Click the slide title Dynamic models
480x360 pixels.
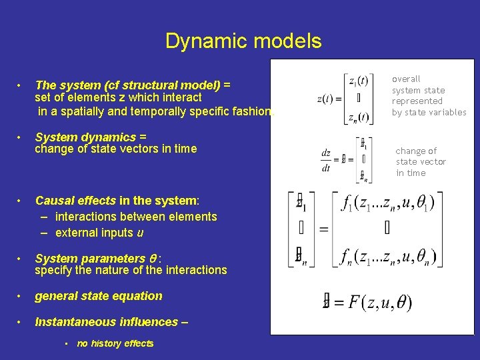pos(243,41)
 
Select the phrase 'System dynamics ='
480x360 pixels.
pos(91,137)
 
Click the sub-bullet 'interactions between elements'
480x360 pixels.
pos(136,217)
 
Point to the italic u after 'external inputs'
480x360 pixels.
pos(140,233)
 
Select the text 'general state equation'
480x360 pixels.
pos(99,296)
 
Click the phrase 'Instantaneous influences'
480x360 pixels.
pos(107,322)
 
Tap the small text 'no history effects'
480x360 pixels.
pos(115,343)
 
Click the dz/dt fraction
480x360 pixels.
pos(326,160)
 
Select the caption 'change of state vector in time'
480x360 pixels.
pos(421,162)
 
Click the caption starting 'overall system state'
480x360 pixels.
pos(429,95)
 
